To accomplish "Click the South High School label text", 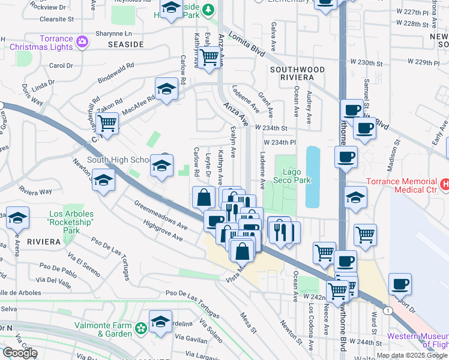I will (x=118, y=160).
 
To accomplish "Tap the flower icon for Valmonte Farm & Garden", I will (x=140, y=328).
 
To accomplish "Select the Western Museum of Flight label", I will (x=417, y=340).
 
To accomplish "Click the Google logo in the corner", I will (x=20, y=353).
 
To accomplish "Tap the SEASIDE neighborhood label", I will (x=125, y=44).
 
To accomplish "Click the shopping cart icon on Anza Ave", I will (x=209, y=58).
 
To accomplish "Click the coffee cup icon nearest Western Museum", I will (x=400, y=284).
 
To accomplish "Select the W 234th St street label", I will (x=271, y=128).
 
